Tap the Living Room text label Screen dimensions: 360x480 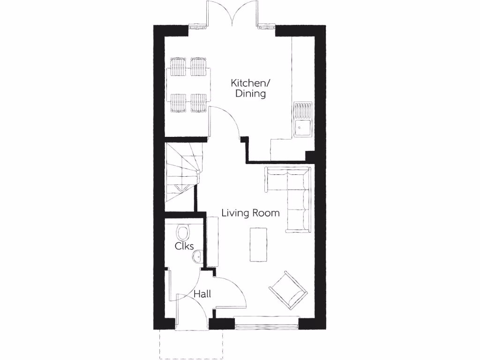(x=250, y=213)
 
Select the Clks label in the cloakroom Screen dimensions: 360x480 (x=184, y=246)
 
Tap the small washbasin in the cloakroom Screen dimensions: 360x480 (x=197, y=256)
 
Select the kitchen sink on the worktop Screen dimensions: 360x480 (x=302, y=120)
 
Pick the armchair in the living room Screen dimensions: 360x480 (x=288, y=290)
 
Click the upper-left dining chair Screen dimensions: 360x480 (x=179, y=67)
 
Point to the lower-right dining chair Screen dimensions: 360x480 (x=199, y=103)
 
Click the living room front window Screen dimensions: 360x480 (x=266, y=323)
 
